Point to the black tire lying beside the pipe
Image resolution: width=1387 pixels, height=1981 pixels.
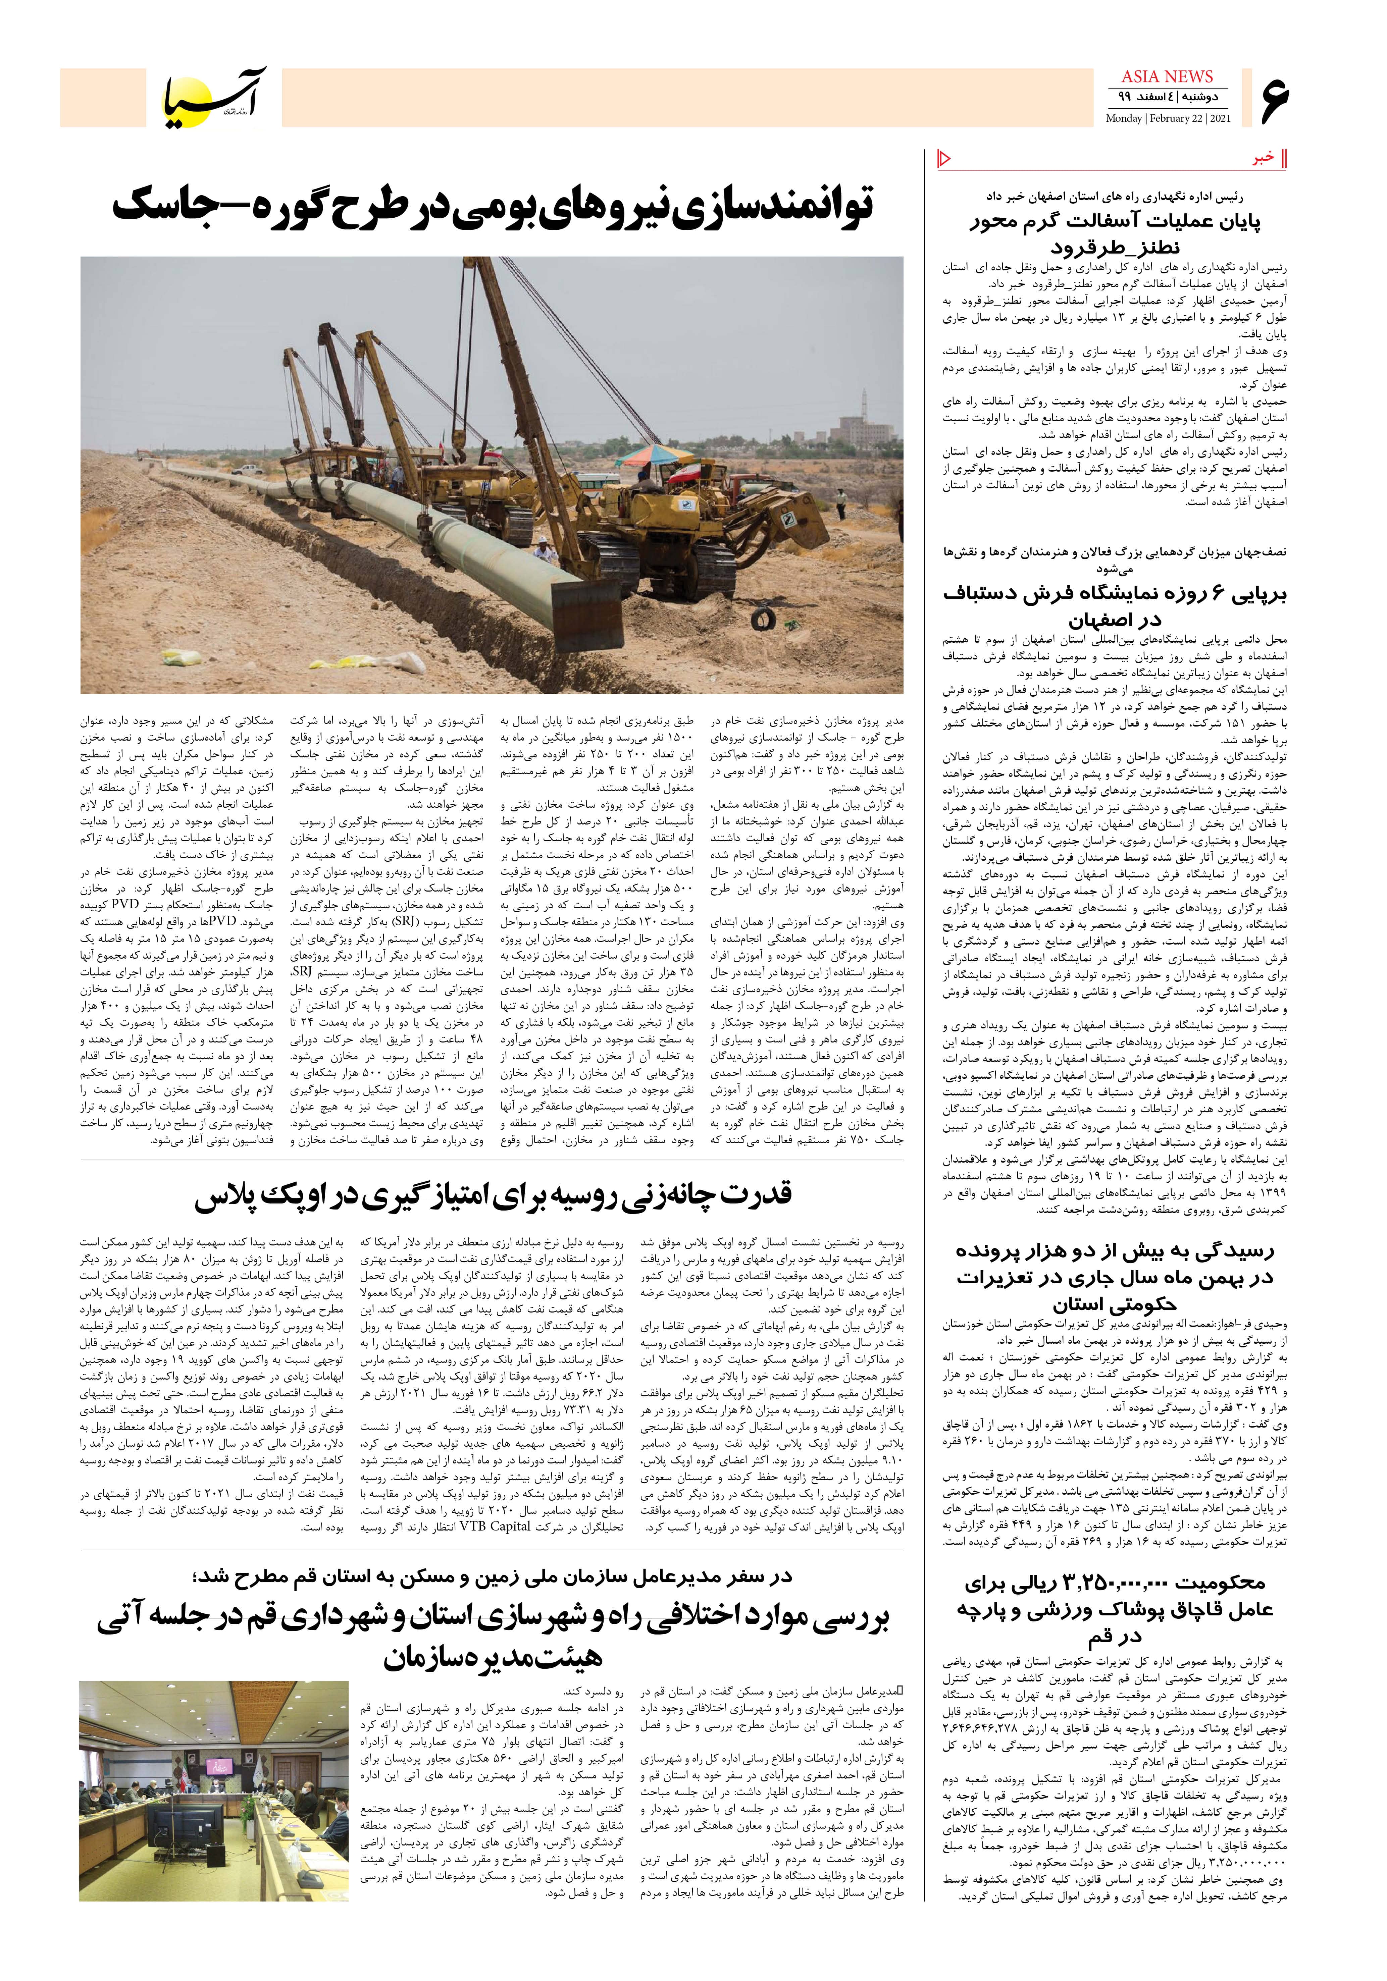click(x=762, y=619)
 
